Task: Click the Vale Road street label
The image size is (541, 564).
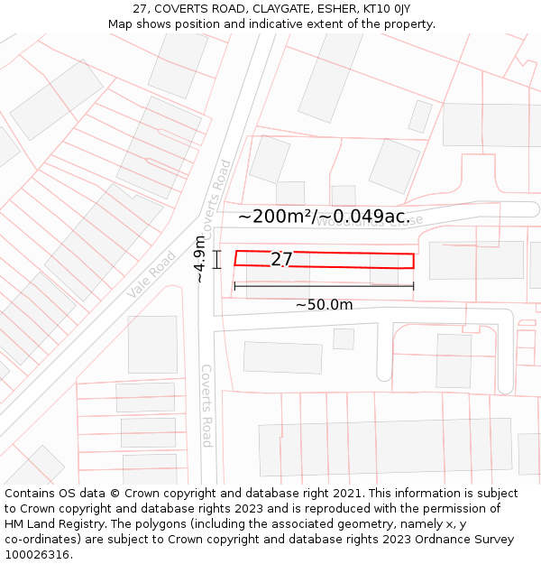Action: pyautogui.click(x=151, y=274)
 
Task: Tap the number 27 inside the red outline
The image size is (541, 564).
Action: pyautogui.click(x=281, y=260)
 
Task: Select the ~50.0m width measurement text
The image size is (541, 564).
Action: pyautogui.click(x=324, y=305)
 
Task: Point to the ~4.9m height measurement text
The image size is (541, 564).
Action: pyautogui.click(x=199, y=259)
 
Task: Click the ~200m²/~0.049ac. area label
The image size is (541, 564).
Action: pyautogui.click(x=324, y=217)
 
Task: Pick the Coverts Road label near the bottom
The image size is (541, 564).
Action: pyautogui.click(x=206, y=405)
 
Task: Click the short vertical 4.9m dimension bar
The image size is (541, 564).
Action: pyautogui.click(x=217, y=259)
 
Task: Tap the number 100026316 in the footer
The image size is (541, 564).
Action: pyautogui.click(x=37, y=554)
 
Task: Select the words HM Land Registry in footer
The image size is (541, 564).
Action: pyautogui.click(x=50, y=523)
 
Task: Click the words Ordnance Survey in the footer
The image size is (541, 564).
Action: pyautogui.click(x=467, y=539)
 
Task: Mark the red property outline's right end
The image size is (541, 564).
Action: pyautogui.click(x=413, y=261)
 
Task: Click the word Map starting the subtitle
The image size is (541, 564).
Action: pyautogui.click(x=121, y=24)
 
